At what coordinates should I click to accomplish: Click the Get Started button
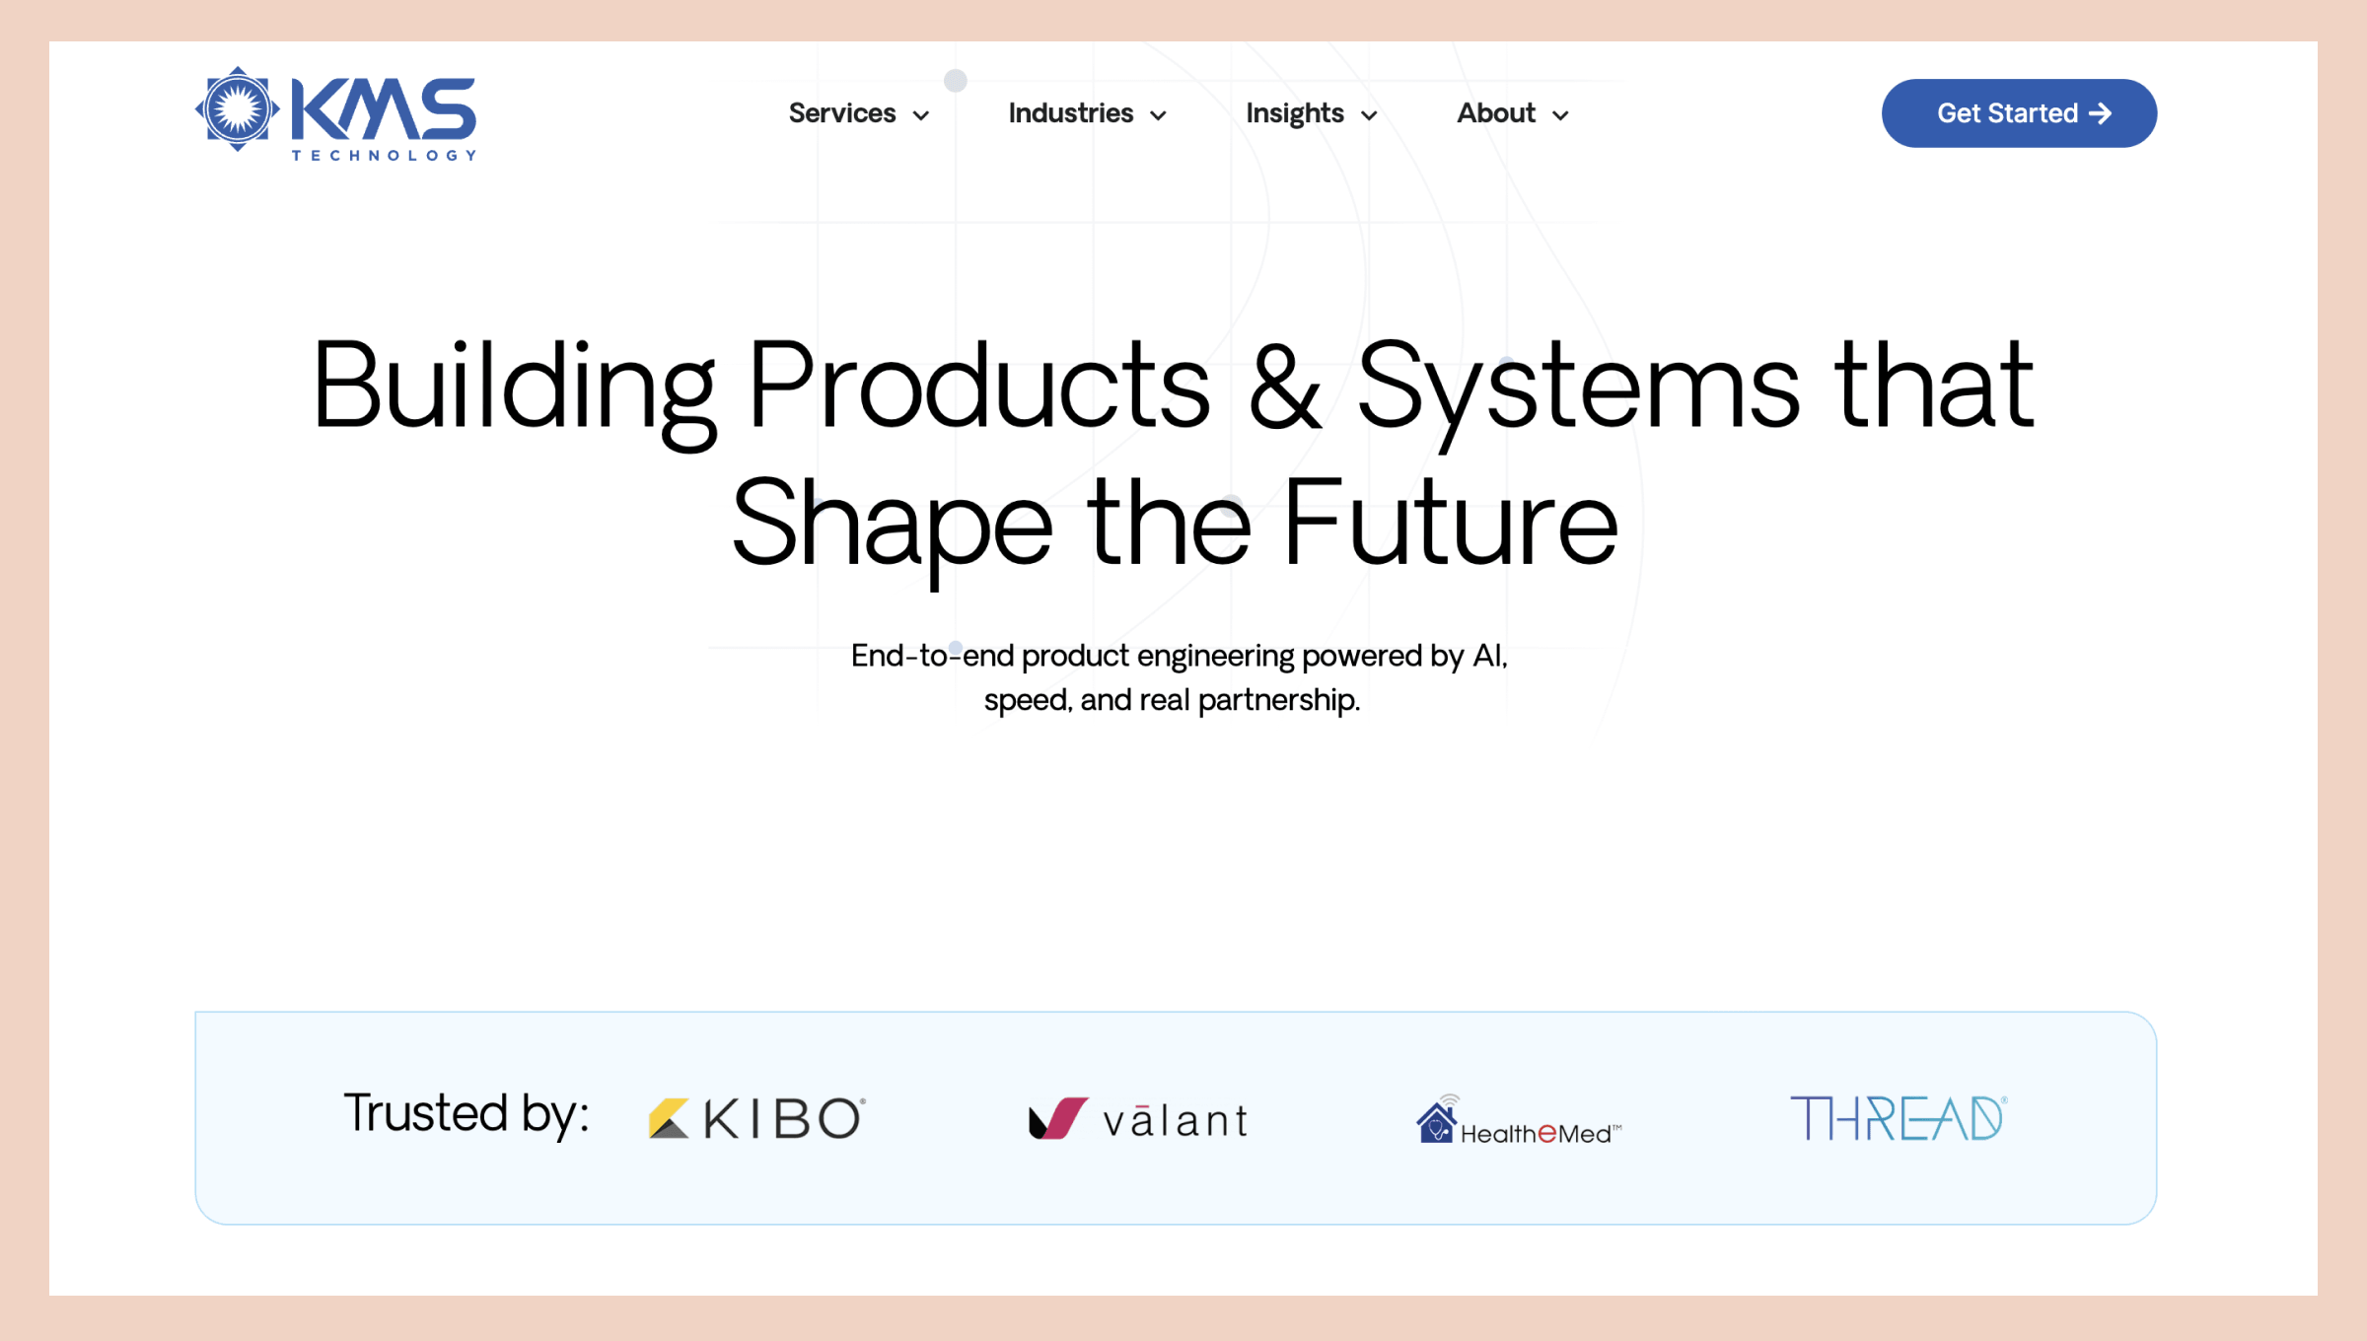(x=2019, y=113)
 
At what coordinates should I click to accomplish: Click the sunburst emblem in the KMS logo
(x=237, y=109)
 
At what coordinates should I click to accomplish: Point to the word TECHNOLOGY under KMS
(x=384, y=155)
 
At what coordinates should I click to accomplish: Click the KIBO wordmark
(x=784, y=1118)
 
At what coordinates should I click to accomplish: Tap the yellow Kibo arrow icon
(x=669, y=1118)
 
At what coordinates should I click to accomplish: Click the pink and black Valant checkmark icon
(x=1058, y=1118)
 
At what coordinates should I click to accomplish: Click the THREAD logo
(x=1899, y=1118)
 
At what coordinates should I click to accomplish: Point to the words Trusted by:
(x=466, y=1114)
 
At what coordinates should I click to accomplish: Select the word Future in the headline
(x=1450, y=522)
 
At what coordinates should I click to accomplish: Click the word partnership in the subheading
(x=1278, y=701)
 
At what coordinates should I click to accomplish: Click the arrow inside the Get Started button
(x=2101, y=113)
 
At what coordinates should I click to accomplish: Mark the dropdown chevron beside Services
(x=921, y=115)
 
